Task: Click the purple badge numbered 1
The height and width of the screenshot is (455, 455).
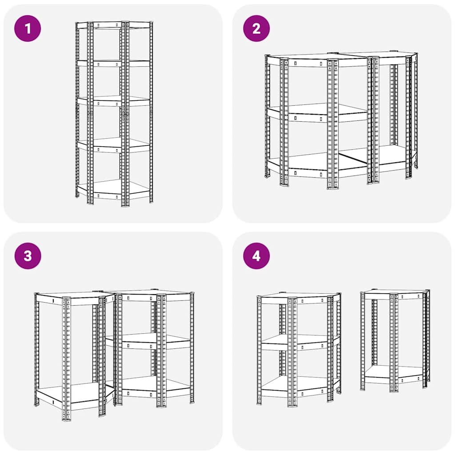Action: pyautogui.click(x=28, y=28)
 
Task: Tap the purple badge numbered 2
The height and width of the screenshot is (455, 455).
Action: pyautogui.click(x=256, y=28)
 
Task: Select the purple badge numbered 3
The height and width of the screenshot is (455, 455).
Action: pyautogui.click(x=28, y=255)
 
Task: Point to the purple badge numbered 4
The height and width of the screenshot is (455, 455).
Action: pyautogui.click(x=256, y=255)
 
